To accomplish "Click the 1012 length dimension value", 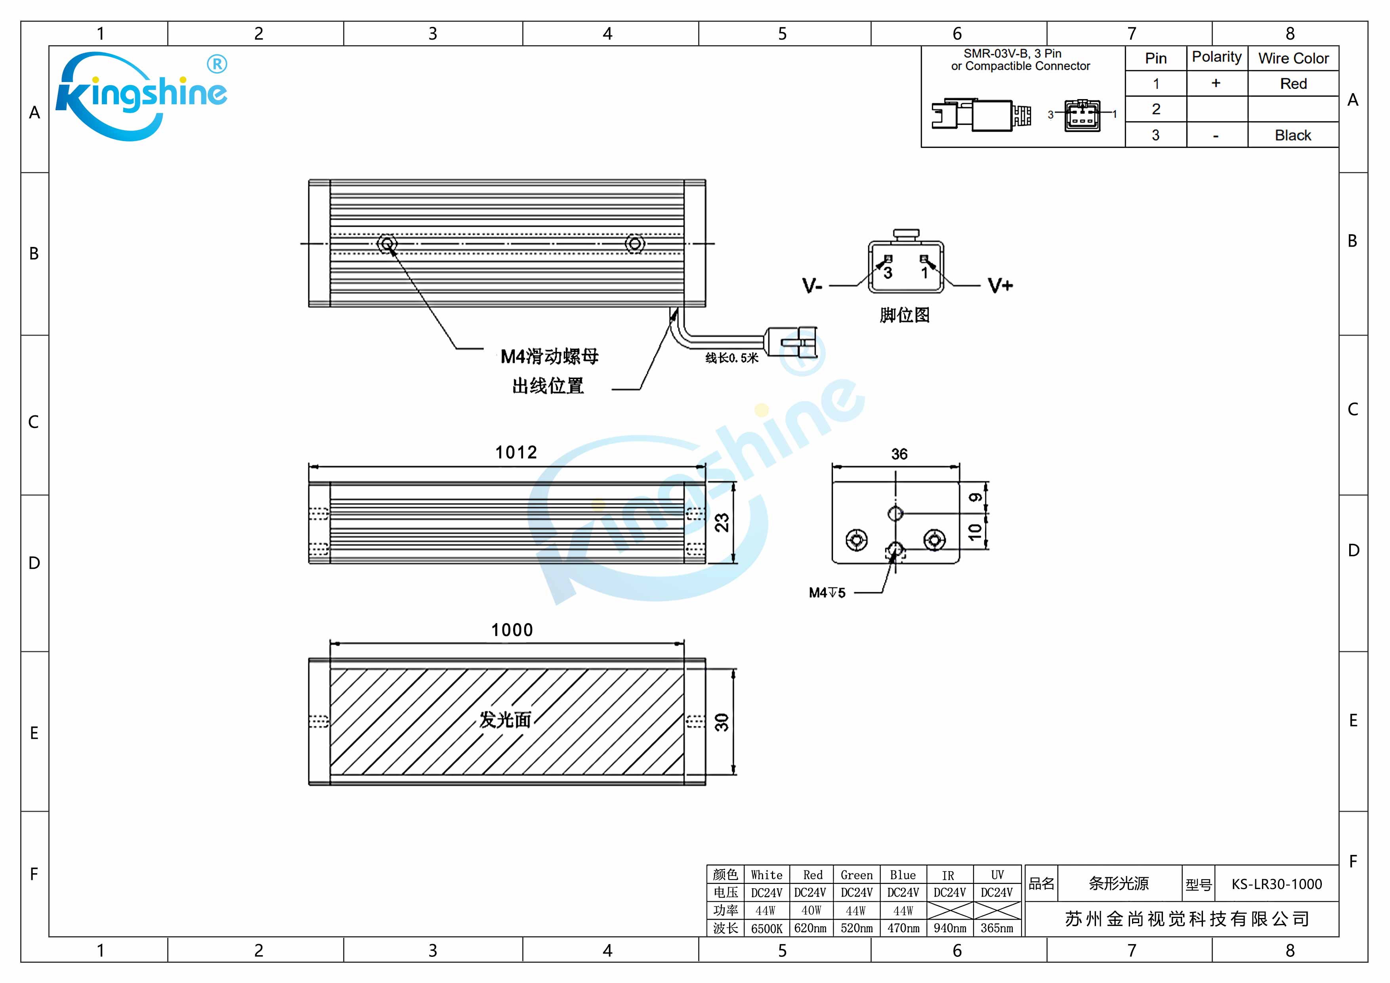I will [x=516, y=452].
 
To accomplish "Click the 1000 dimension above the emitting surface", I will [x=512, y=630].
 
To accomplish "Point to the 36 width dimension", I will [x=899, y=454].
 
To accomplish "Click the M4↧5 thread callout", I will [x=827, y=592].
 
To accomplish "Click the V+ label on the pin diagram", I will [x=1000, y=285].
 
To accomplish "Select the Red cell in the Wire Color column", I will [x=1293, y=84].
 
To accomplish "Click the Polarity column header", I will [x=1216, y=57].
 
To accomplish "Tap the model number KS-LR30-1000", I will [x=1276, y=884].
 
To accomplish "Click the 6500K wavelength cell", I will [x=766, y=928].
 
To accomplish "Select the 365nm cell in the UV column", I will [x=997, y=928].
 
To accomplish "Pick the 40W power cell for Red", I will [x=811, y=910].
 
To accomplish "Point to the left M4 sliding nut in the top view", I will [x=387, y=243].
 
